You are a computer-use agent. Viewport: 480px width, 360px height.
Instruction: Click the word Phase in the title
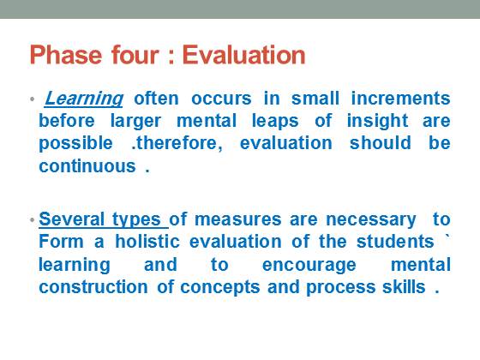pyautogui.click(x=65, y=55)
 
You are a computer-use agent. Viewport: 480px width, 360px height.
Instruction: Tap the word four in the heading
pyautogui.click(x=135, y=55)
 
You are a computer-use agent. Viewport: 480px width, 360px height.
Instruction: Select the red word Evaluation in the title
pyautogui.click(x=244, y=55)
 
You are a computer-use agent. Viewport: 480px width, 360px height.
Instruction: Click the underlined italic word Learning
pyautogui.click(x=84, y=99)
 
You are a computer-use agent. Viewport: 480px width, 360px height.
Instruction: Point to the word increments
pyautogui.click(x=401, y=99)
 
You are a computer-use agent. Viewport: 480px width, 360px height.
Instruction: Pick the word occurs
pyautogui.click(x=221, y=99)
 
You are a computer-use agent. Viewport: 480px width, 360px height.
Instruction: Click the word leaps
pyautogui.click(x=275, y=121)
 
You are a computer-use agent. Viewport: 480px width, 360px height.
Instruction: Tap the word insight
pyautogui.click(x=377, y=121)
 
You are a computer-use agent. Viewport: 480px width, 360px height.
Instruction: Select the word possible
pyautogui.click(x=76, y=144)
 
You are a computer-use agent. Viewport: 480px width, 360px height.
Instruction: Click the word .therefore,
pyautogui.click(x=177, y=143)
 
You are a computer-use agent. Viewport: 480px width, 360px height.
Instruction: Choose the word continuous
pyautogui.click(x=87, y=166)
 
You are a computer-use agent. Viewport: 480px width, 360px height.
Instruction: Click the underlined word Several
pyautogui.click(x=72, y=219)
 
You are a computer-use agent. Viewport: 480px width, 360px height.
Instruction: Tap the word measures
pyautogui.click(x=238, y=219)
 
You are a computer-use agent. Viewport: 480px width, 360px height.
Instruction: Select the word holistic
pyautogui.click(x=147, y=242)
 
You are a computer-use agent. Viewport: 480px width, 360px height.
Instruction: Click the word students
pyautogui.click(x=395, y=242)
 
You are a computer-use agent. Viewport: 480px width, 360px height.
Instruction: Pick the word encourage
pyautogui.click(x=309, y=266)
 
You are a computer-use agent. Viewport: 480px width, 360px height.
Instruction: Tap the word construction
pyautogui.click(x=93, y=287)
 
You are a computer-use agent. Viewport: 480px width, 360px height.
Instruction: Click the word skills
pyautogui.click(x=404, y=287)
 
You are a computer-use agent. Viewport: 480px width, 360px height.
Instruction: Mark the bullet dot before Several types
pyautogui.click(x=33, y=219)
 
